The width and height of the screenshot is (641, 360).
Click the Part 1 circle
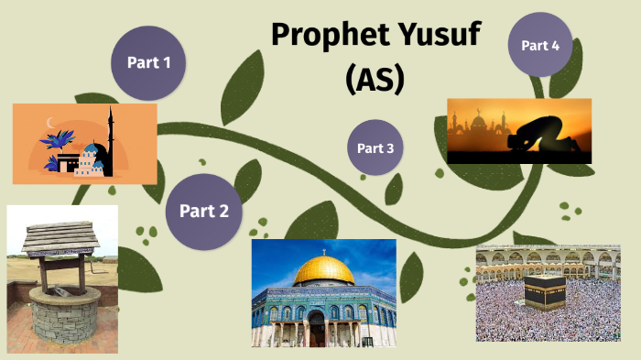point(149,62)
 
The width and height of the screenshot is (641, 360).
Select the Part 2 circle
point(203,211)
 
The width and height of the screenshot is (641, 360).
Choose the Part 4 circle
point(539,45)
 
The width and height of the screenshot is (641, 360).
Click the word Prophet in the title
point(329,37)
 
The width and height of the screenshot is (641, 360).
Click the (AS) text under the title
point(375,80)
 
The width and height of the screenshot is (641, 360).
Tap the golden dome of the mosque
point(324,269)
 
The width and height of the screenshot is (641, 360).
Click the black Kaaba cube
point(537,291)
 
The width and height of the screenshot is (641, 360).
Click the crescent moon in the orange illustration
point(51,123)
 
